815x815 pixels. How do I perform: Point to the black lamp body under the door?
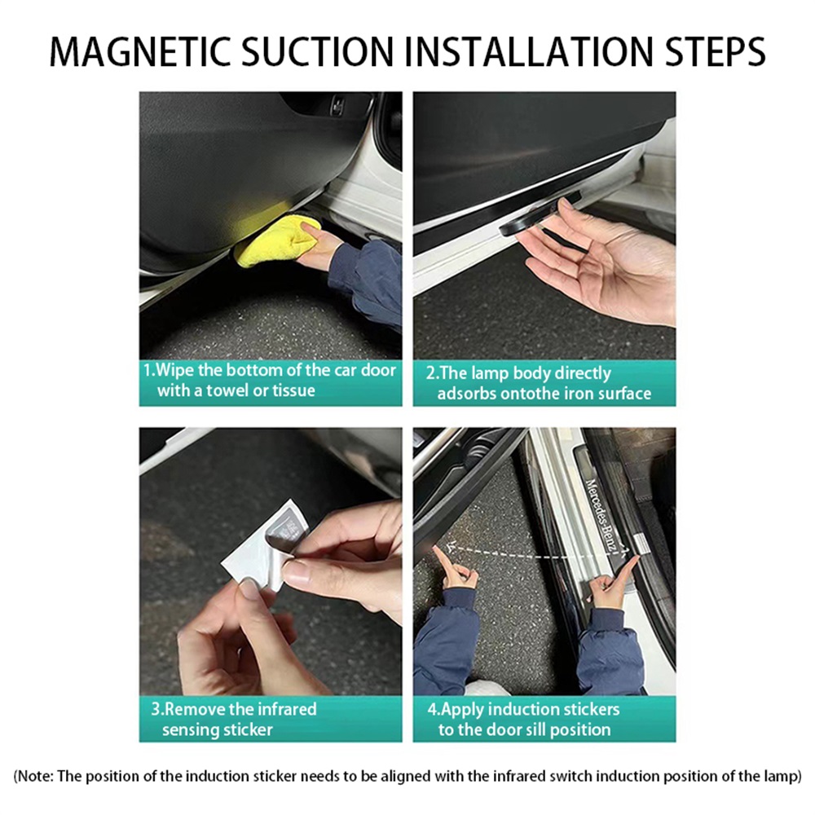coord(540,214)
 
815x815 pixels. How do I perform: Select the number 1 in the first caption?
coord(148,370)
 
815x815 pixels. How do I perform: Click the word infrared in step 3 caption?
coord(287,709)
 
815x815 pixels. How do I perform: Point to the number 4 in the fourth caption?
coord(432,710)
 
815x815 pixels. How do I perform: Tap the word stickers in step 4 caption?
coord(593,710)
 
